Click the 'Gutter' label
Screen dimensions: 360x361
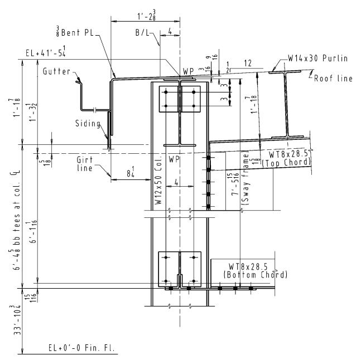click(x=56, y=71)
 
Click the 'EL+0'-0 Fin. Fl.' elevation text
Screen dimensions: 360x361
click(x=83, y=349)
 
